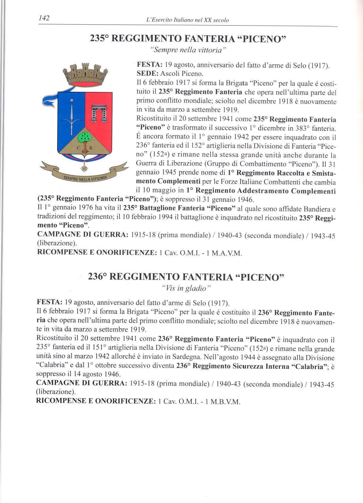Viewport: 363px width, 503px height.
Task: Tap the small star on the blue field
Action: [71, 101]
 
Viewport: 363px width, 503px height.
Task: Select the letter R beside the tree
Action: [92, 148]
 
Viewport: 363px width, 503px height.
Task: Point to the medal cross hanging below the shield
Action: [85, 168]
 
